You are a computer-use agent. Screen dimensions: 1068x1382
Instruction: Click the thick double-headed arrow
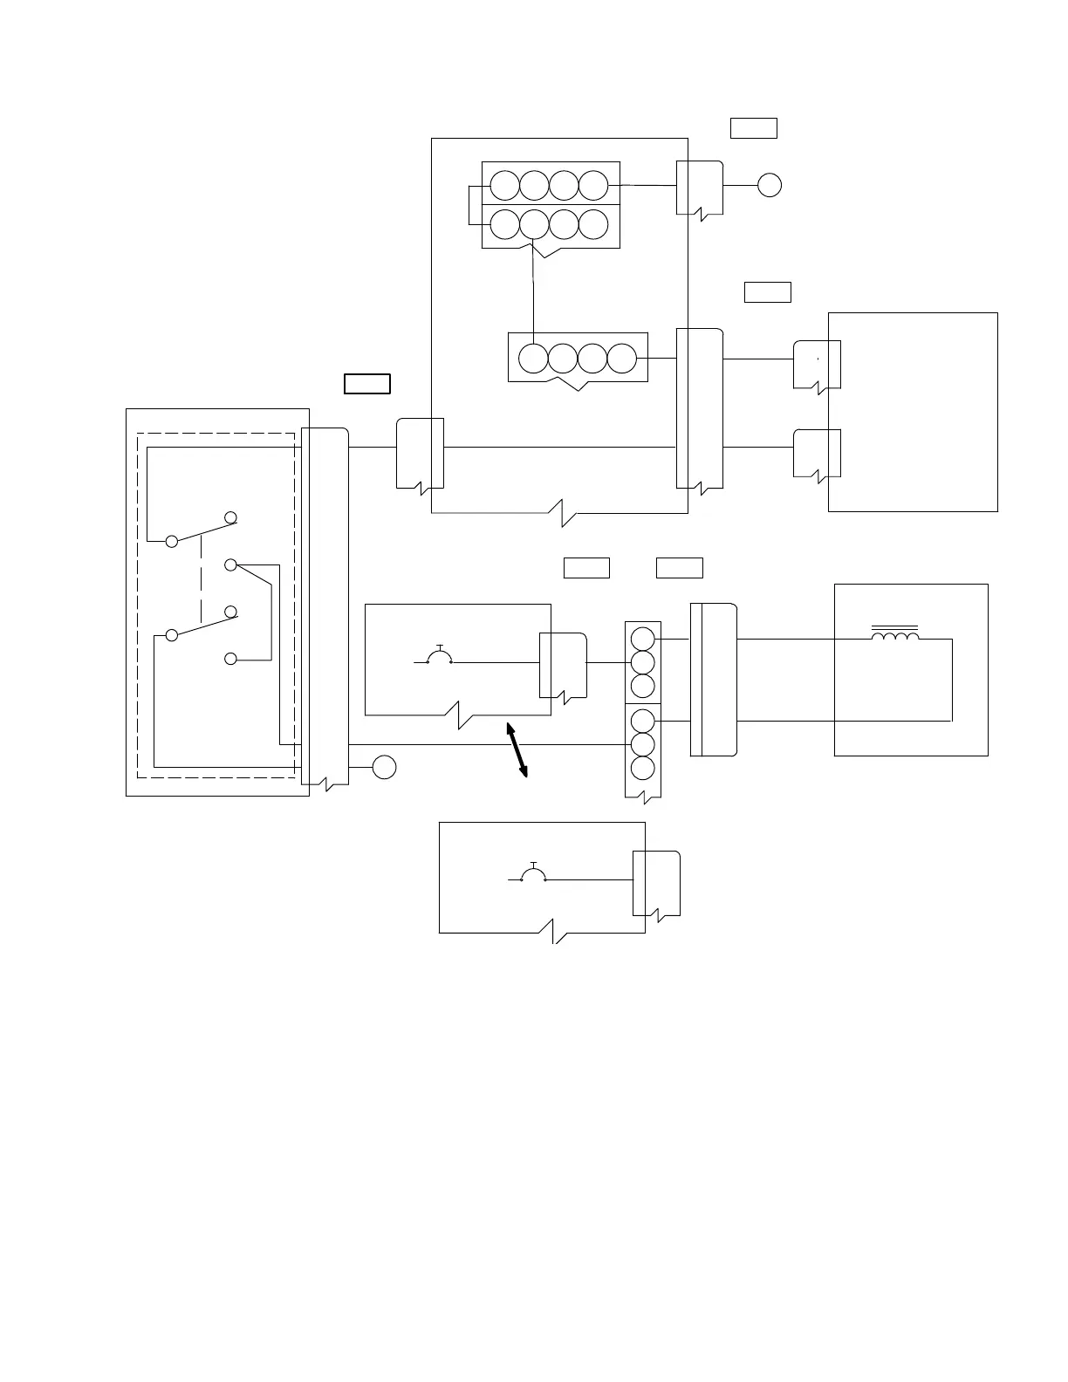517,749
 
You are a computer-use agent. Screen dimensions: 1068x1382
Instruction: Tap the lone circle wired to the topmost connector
769,185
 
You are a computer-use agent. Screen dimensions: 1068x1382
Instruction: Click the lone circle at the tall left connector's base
384,768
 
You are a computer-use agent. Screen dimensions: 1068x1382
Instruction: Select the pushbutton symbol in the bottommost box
533,873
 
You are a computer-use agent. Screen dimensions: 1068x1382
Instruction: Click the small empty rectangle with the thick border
366,384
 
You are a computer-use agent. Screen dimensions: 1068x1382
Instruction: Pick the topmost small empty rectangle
753,128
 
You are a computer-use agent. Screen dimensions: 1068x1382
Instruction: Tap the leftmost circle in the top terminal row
504,185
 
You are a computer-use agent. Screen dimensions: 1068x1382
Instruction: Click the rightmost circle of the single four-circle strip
621,358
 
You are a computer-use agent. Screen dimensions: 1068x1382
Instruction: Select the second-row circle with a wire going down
534,224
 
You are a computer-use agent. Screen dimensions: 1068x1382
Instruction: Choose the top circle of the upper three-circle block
642,639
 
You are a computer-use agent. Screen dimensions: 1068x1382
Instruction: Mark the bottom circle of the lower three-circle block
642,769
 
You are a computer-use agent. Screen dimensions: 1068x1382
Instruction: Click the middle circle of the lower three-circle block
642,745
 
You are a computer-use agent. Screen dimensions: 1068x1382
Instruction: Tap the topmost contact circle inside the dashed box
230,517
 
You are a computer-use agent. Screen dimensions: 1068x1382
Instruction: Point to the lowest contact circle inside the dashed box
230,659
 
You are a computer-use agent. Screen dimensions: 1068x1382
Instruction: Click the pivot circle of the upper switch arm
172,542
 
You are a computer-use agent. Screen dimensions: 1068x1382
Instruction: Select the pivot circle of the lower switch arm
172,635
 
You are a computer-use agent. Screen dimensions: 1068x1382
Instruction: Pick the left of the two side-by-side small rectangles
585,567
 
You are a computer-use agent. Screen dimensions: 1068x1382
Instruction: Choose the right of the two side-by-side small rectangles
679,567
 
